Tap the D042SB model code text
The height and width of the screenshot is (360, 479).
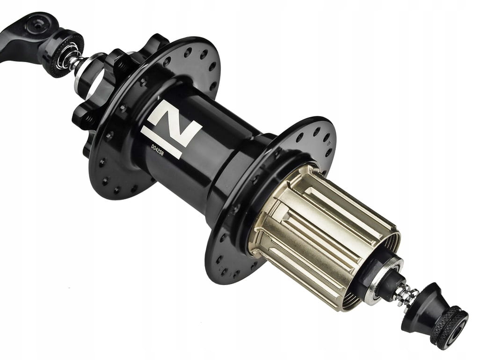pyautogui.click(x=158, y=150)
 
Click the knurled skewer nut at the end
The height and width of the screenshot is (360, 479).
pyautogui.click(x=449, y=327)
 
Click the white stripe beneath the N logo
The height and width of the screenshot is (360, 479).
pyautogui.click(x=161, y=143)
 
